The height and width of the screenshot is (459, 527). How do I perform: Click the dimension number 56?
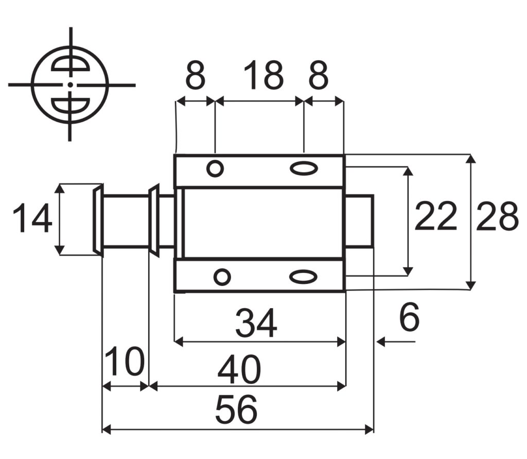tap(236, 411)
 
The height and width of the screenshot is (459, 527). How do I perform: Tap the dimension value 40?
tap(239, 370)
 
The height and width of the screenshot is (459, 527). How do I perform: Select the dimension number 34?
tap(256, 324)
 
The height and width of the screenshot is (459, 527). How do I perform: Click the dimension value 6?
tap(409, 318)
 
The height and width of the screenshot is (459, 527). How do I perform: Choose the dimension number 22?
tap(435, 217)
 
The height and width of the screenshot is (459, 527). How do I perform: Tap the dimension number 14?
tap(32, 219)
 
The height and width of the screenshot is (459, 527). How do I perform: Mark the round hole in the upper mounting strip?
tap(215, 168)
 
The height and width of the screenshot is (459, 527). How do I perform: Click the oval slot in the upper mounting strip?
tap(304, 168)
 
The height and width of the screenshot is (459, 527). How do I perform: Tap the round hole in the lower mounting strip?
tap(222, 277)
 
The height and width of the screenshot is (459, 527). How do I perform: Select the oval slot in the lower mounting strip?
tap(303, 277)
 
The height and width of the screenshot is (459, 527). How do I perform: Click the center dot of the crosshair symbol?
tap(70, 84)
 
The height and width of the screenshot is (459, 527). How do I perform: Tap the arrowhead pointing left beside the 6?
tap(381, 342)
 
